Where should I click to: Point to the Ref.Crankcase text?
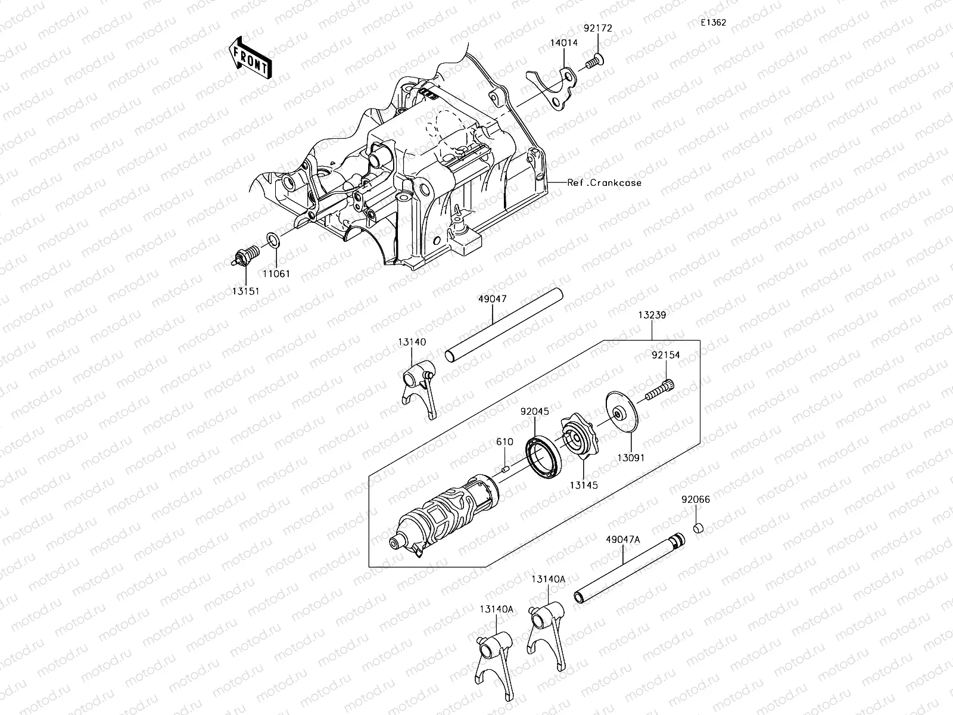tap(604, 183)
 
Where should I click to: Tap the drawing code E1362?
tap(713, 23)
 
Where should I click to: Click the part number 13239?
tap(652, 315)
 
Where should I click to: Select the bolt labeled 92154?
tap(660, 391)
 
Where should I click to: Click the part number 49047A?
tap(622, 539)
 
